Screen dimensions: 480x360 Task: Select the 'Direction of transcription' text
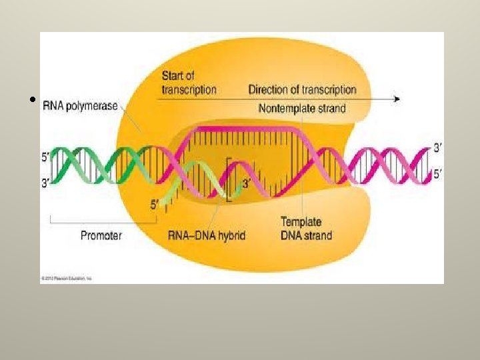(302, 89)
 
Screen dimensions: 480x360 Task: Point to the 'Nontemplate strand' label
(302, 107)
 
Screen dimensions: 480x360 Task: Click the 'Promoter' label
(101, 235)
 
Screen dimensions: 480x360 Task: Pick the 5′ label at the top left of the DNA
(45, 158)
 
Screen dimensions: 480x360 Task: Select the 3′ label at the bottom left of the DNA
(45, 182)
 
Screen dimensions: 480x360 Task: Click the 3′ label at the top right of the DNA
(437, 147)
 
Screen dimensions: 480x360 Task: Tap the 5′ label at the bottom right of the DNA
(437, 175)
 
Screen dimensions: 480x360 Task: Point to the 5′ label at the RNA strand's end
(154, 206)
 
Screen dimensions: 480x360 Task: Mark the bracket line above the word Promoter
(97, 222)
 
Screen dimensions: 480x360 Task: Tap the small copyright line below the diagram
(66, 277)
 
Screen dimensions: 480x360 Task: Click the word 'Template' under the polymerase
(301, 222)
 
